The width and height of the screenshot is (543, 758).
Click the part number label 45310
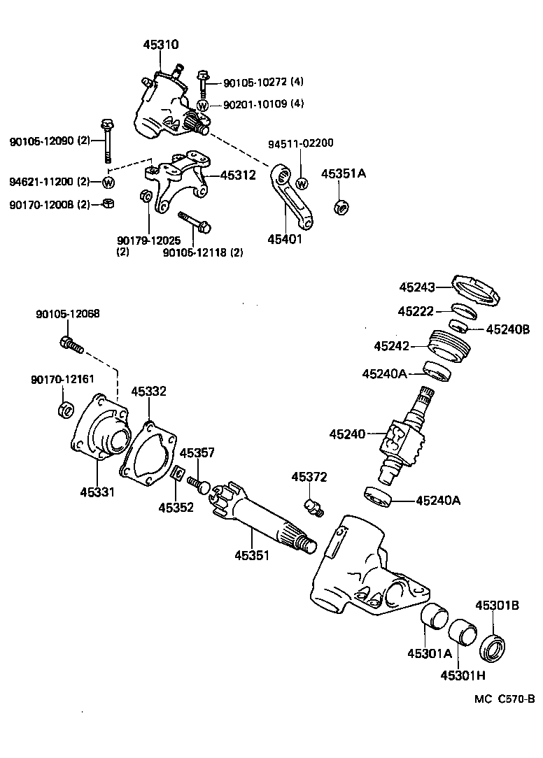click(161, 45)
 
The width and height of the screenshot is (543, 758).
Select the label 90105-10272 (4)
click(263, 83)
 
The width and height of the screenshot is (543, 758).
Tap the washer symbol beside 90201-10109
click(202, 106)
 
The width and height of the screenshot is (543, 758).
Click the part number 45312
click(238, 176)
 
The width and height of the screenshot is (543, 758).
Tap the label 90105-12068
click(67, 315)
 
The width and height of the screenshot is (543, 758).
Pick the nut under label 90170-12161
click(64, 408)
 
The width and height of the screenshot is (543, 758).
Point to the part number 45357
click(197, 452)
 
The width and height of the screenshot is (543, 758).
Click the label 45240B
click(509, 329)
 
